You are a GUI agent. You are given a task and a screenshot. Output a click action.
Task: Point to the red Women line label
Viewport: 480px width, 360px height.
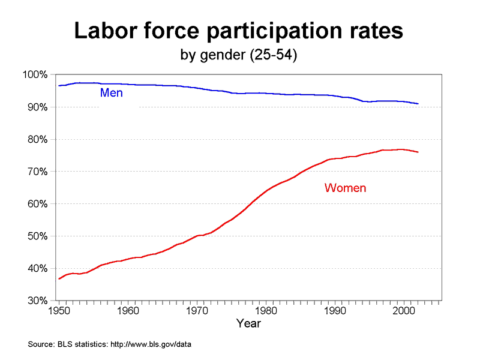[x=345, y=188]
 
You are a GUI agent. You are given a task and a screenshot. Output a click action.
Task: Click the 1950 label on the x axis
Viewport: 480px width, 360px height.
[x=58, y=311]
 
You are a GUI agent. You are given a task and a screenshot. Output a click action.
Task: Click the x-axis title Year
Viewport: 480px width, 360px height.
[x=248, y=323]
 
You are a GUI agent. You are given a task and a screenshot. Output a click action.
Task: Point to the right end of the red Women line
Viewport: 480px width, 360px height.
[x=418, y=152]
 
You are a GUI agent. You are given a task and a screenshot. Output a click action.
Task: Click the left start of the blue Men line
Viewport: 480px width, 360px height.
[x=59, y=86]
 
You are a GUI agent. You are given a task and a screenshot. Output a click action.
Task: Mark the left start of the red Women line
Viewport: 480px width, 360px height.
[x=59, y=279]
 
